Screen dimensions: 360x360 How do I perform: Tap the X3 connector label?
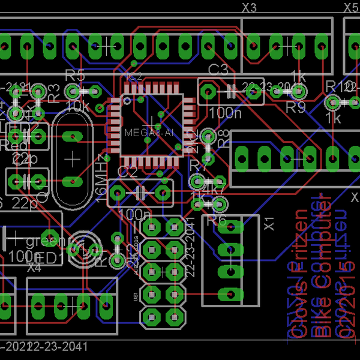click(249, 8)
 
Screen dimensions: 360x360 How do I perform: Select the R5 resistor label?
click(75, 76)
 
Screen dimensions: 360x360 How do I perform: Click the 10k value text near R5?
click(77, 107)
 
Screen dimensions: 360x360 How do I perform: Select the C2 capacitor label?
click(127, 172)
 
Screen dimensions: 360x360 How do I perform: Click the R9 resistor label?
click(295, 107)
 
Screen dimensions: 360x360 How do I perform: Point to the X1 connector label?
click(269, 223)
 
